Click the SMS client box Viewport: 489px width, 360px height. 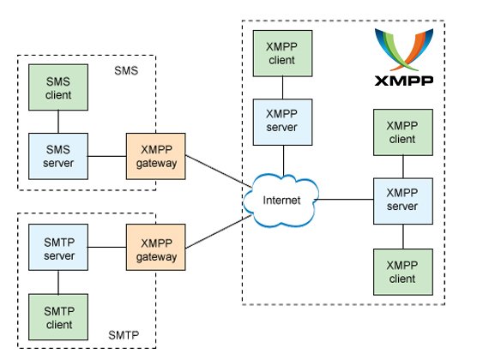tap(58, 87)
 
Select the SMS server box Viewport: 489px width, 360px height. tap(58, 156)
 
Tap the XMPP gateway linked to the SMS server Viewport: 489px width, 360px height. tap(156, 156)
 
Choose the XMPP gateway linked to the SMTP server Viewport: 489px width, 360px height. tap(156, 247)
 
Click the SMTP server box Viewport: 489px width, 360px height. tap(58, 247)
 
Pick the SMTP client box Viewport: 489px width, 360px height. tap(58, 317)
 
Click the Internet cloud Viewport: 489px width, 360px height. tap(281, 200)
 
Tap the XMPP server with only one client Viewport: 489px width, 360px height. tap(282, 123)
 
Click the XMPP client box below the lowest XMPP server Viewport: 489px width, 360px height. tap(403, 272)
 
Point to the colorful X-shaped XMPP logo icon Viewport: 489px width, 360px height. tap(404, 50)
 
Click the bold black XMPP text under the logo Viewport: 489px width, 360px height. tap(404, 81)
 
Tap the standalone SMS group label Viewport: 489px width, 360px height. tap(126, 71)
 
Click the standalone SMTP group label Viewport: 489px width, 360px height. tap(124, 335)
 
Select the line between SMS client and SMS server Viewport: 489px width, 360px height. tap(58, 122)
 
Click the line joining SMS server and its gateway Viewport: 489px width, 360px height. tap(107, 156)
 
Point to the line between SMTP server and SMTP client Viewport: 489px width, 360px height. tap(58, 282)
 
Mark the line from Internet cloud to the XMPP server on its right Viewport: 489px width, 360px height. tap(344, 199)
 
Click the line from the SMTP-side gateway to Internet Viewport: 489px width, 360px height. tap(218, 231)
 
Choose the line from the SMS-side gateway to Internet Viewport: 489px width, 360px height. tap(218, 171)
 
